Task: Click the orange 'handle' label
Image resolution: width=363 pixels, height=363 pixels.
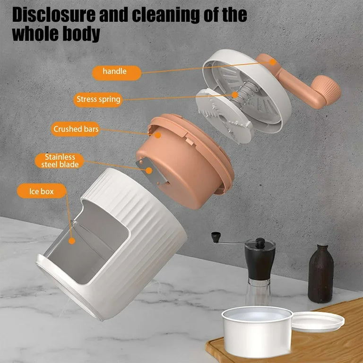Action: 115,72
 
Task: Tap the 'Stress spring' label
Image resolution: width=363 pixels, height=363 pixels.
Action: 98,99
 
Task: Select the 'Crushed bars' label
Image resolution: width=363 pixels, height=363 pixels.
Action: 75,129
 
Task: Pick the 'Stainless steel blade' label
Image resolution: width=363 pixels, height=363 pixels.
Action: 57,161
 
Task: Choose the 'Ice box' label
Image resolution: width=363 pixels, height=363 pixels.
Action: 42,191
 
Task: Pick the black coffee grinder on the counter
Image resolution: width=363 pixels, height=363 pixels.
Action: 259,265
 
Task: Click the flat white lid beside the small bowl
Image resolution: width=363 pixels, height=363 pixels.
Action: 318,321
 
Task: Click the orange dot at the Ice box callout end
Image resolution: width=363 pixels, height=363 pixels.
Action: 71,240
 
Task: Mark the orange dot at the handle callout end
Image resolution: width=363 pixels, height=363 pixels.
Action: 273,61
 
